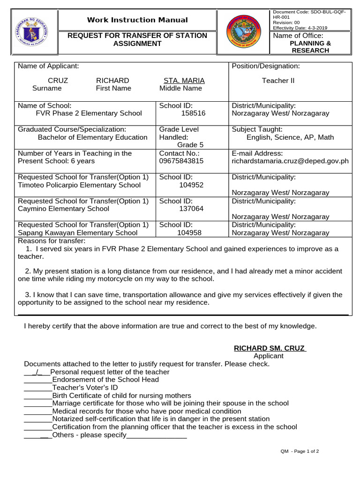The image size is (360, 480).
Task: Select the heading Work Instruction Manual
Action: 137,20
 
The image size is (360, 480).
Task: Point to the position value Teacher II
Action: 278,81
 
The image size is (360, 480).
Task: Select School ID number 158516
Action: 193,113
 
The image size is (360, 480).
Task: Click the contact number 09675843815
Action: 181,161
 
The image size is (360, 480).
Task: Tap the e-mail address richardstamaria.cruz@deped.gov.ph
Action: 290,161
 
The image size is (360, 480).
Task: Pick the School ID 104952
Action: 191,185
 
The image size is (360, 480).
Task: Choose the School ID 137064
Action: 191,209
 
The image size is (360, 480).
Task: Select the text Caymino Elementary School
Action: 63,209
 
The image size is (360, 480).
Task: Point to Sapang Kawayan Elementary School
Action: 78,232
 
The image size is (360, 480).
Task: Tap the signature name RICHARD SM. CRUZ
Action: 269,348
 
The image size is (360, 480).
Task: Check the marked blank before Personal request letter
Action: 36,372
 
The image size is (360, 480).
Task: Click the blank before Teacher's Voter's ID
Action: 37,388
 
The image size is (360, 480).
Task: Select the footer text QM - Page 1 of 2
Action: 300,451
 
